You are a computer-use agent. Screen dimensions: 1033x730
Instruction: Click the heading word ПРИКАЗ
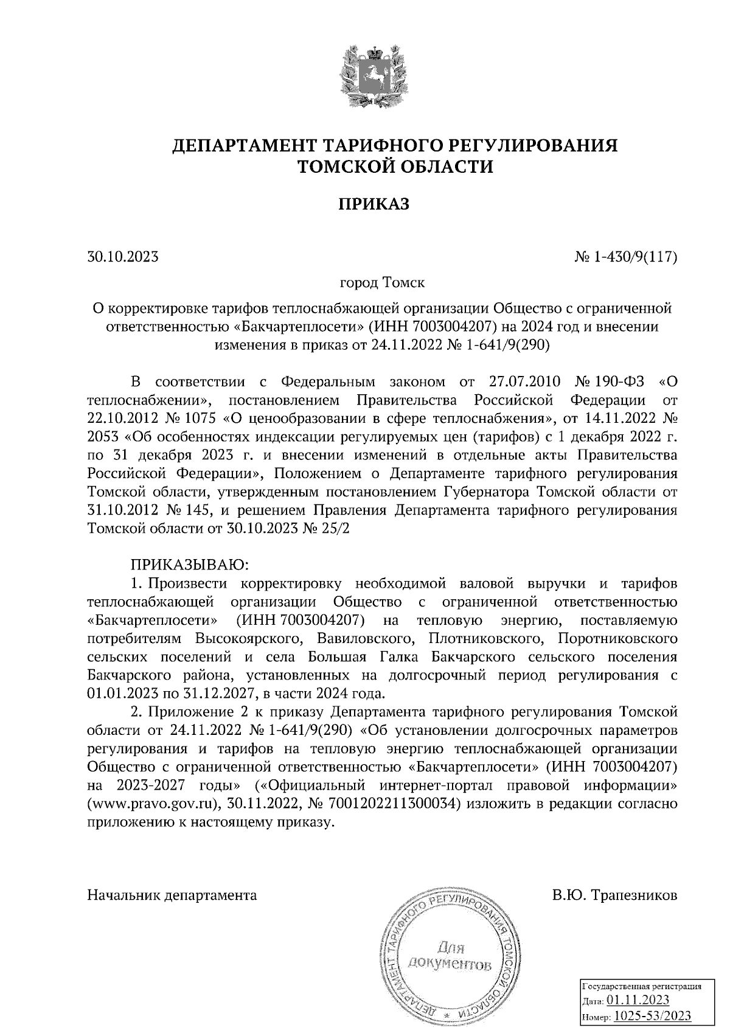pos(374,204)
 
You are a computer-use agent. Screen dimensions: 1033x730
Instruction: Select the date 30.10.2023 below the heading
pos(123,257)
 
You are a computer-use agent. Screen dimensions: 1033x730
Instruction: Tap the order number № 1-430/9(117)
pos(626,257)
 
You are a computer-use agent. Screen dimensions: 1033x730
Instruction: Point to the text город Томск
pos(381,283)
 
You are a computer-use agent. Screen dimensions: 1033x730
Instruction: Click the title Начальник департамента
pos(172,895)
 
